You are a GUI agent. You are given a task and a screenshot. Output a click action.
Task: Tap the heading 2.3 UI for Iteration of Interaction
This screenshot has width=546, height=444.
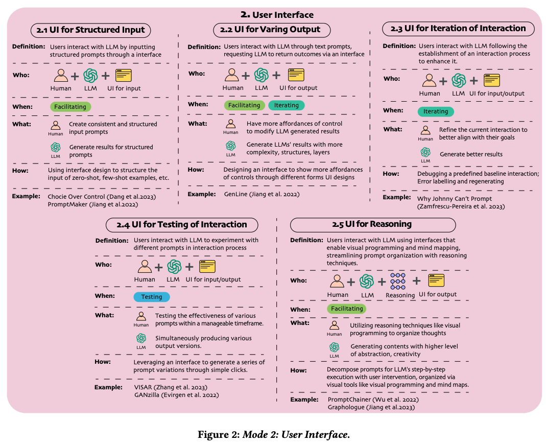point(458,29)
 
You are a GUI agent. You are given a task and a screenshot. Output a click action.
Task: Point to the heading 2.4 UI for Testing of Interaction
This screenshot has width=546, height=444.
point(181,224)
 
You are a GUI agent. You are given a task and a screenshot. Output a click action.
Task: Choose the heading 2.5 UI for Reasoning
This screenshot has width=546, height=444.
point(372,224)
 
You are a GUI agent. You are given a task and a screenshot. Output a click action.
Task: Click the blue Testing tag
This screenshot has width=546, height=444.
point(152,297)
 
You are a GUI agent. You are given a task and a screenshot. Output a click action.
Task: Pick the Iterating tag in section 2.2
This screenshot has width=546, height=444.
point(287,105)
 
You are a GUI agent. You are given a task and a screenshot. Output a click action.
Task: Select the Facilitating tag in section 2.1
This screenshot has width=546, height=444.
point(70,107)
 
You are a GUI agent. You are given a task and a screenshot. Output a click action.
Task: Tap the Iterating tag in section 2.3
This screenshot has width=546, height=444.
point(436,111)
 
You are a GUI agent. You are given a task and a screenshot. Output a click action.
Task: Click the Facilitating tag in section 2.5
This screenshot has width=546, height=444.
point(347,309)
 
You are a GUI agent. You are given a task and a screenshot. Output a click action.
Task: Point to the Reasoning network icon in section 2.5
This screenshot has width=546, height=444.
point(398,281)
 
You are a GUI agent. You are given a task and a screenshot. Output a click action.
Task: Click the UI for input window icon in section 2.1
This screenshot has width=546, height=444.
point(124,76)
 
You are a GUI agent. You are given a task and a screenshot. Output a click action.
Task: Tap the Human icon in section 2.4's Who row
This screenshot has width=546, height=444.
point(145,267)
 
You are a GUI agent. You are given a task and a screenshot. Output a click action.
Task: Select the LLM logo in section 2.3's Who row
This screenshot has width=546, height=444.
point(459,81)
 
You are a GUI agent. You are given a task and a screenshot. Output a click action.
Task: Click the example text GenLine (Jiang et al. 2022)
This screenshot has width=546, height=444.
point(261,194)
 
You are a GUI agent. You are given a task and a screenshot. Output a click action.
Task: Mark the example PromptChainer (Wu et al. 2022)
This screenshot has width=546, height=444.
point(373,399)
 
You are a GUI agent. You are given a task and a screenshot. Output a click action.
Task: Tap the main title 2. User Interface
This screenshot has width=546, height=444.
point(277,15)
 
